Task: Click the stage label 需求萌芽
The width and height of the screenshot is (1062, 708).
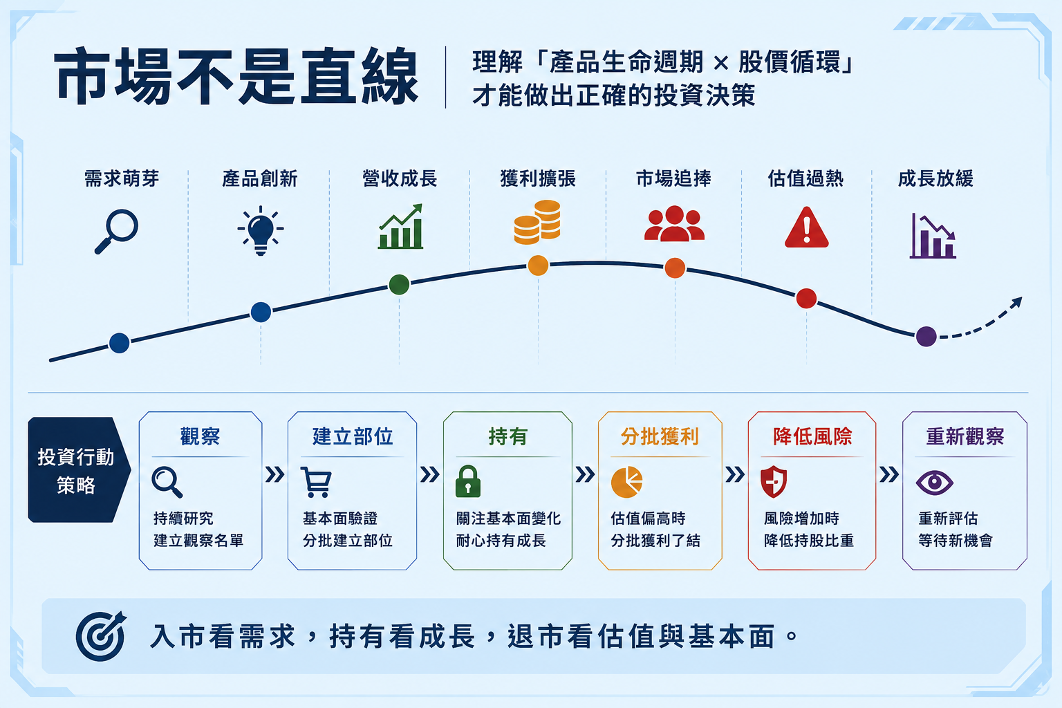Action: pyautogui.click(x=122, y=179)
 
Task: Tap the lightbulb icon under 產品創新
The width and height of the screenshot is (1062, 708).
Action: pyautogui.click(x=260, y=230)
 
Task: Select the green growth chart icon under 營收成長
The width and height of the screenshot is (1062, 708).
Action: pyautogui.click(x=400, y=227)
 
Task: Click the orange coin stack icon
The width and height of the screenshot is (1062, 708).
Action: pyautogui.click(x=538, y=222)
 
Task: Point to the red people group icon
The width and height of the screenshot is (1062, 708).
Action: pyautogui.click(x=674, y=223)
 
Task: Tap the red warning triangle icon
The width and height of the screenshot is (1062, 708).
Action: pyautogui.click(x=806, y=227)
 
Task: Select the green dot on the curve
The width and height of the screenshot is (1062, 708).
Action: pyautogui.click(x=399, y=285)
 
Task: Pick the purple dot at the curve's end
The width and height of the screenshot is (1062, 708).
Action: pyautogui.click(x=926, y=337)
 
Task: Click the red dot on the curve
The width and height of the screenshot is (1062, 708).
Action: pyautogui.click(x=806, y=298)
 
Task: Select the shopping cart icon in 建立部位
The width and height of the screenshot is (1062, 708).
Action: pyautogui.click(x=316, y=482)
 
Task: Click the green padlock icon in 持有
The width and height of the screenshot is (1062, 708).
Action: pyautogui.click(x=468, y=481)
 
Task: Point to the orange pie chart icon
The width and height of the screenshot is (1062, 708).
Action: pyautogui.click(x=627, y=482)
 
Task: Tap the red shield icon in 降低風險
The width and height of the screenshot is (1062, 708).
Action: pyautogui.click(x=774, y=482)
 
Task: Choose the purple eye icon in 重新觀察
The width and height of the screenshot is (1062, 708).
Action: pyautogui.click(x=935, y=483)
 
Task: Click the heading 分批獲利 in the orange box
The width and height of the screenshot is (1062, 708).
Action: pyautogui.click(x=660, y=436)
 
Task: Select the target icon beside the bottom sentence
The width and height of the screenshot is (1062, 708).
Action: pyautogui.click(x=100, y=636)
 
